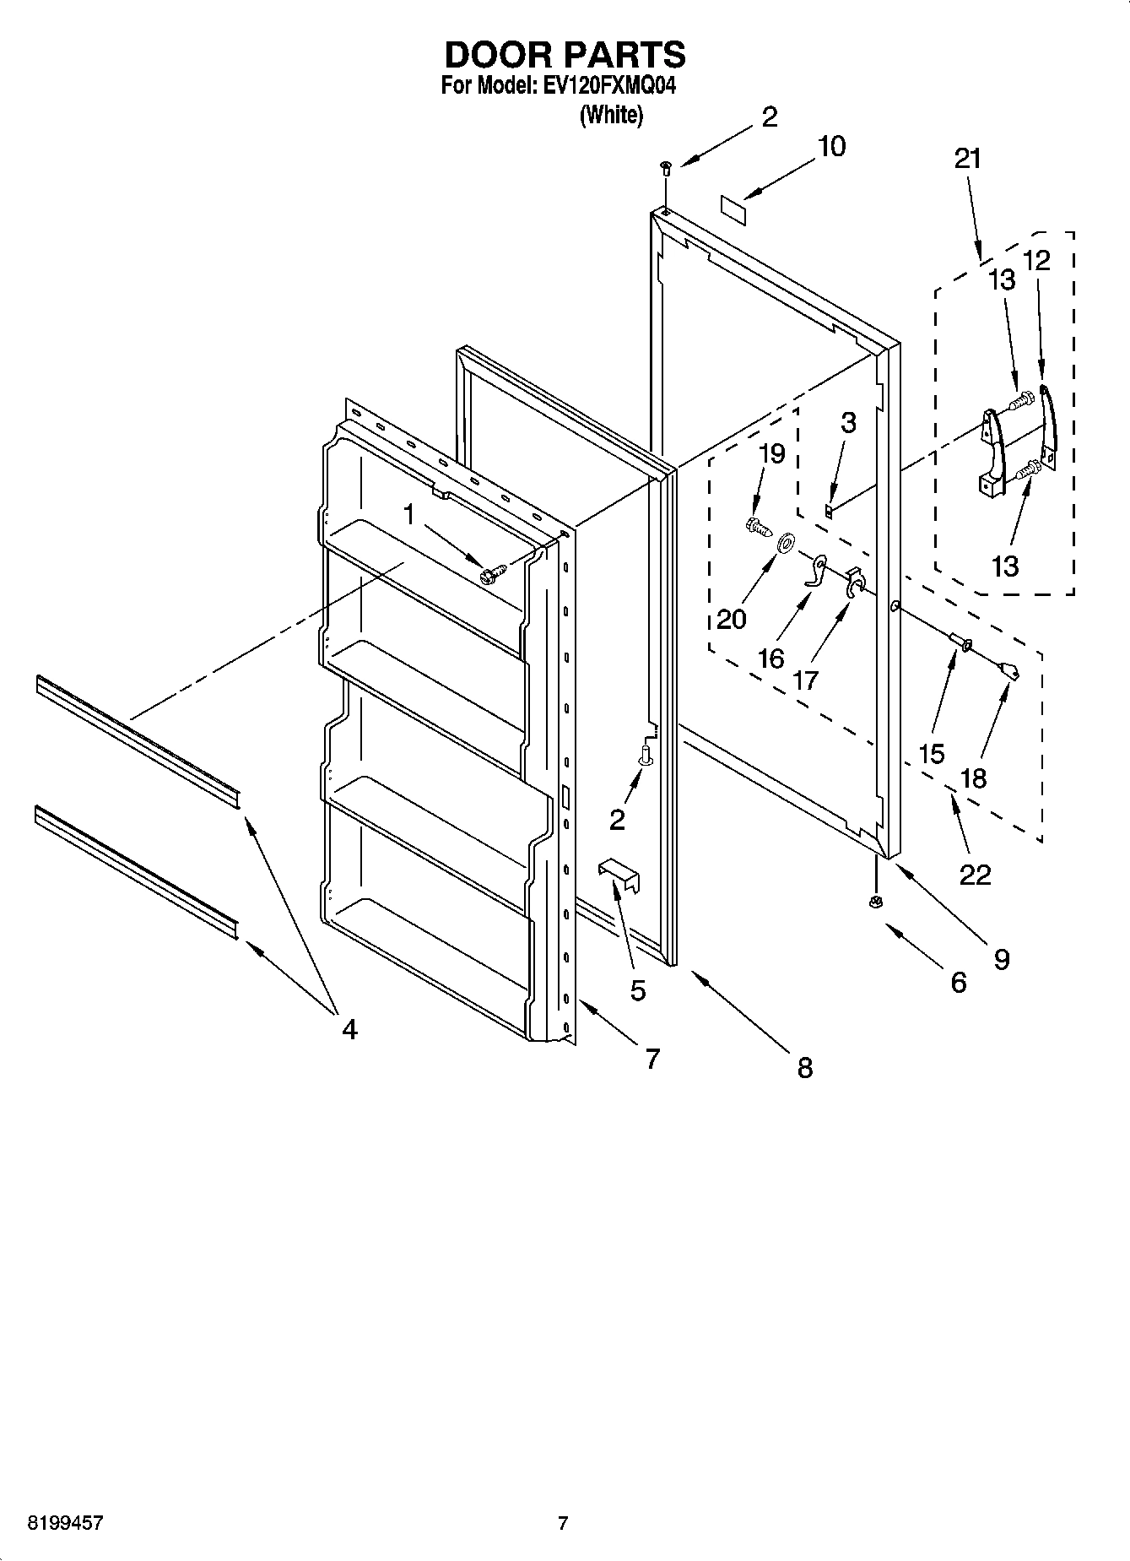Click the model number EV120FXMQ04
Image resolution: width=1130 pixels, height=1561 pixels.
point(606,86)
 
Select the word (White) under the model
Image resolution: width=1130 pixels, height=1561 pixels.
point(611,115)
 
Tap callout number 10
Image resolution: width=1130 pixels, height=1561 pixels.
point(831,146)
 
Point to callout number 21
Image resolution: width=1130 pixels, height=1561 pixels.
point(968,158)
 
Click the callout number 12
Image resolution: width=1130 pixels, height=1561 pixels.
point(1036,261)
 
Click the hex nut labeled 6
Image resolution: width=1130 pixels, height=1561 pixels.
point(875,902)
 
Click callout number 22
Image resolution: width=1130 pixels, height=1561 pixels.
point(975,874)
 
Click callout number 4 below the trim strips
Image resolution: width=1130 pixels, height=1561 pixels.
point(349,1028)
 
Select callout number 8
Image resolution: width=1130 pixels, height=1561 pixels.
point(804,1068)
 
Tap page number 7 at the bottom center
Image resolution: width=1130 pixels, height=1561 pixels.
point(563,1523)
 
